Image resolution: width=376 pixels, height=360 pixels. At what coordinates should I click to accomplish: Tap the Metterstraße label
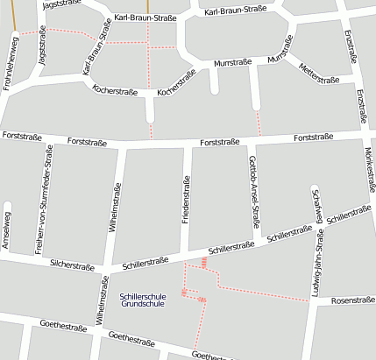point(318,74)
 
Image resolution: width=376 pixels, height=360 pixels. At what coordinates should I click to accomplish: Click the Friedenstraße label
point(186,200)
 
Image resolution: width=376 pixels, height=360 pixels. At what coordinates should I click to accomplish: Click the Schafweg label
point(316,207)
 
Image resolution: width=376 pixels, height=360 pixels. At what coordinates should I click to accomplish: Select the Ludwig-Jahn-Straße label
point(318,264)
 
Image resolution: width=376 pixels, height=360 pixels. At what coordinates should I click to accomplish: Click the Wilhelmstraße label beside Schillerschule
point(103,313)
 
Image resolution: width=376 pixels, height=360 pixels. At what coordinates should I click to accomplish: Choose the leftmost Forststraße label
point(23,136)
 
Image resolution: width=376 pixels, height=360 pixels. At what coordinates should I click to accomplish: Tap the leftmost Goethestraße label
point(62,326)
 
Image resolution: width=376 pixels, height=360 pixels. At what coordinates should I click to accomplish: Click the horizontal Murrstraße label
point(232,62)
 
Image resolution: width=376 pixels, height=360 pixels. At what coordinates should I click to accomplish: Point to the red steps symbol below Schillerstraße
point(204,261)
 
